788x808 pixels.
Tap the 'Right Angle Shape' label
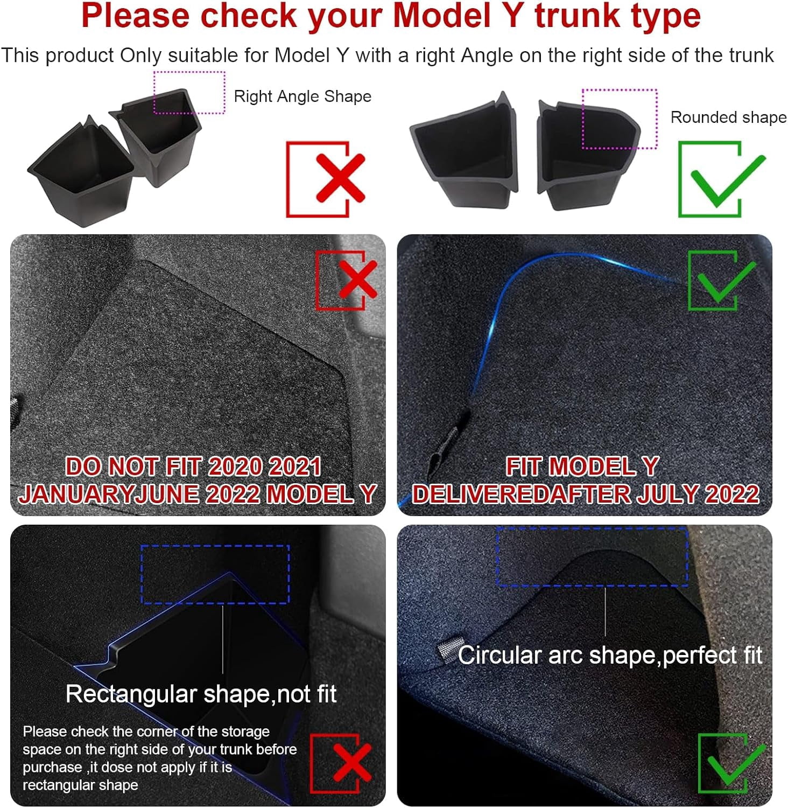(x=302, y=96)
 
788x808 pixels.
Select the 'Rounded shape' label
(x=728, y=117)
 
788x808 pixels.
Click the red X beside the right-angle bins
(x=340, y=178)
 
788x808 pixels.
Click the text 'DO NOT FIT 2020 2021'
(x=193, y=466)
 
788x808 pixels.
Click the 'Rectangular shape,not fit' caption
(x=201, y=694)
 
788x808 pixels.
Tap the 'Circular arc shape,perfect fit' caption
(x=610, y=656)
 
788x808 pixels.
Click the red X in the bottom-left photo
(x=352, y=762)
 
